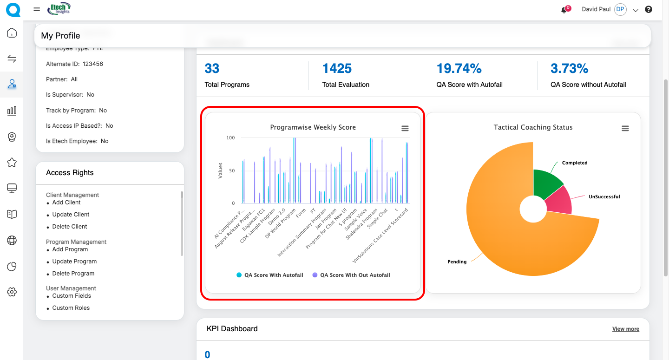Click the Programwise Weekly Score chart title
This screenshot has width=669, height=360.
[x=313, y=127]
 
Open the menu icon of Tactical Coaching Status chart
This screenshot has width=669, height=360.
[x=625, y=129]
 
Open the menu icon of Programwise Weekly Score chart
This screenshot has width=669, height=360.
[x=405, y=129]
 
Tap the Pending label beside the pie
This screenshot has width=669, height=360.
[x=457, y=262]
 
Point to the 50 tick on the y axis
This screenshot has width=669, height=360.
[x=231, y=171]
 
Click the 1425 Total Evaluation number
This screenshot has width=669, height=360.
[x=337, y=69]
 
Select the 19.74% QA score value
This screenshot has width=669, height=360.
[x=459, y=69]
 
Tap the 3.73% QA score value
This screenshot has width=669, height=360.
[x=569, y=69]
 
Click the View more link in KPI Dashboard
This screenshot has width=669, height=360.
[x=625, y=329]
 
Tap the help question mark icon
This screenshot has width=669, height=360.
[x=649, y=9]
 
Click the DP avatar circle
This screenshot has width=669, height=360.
[x=620, y=9]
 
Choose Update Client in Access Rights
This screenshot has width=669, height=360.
[x=71, y=215]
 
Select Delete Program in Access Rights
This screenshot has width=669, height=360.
[x=73, y=274]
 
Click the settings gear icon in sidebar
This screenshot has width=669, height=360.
[x=12, y=292]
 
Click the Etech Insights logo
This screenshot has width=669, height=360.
[x=59, y=8]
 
